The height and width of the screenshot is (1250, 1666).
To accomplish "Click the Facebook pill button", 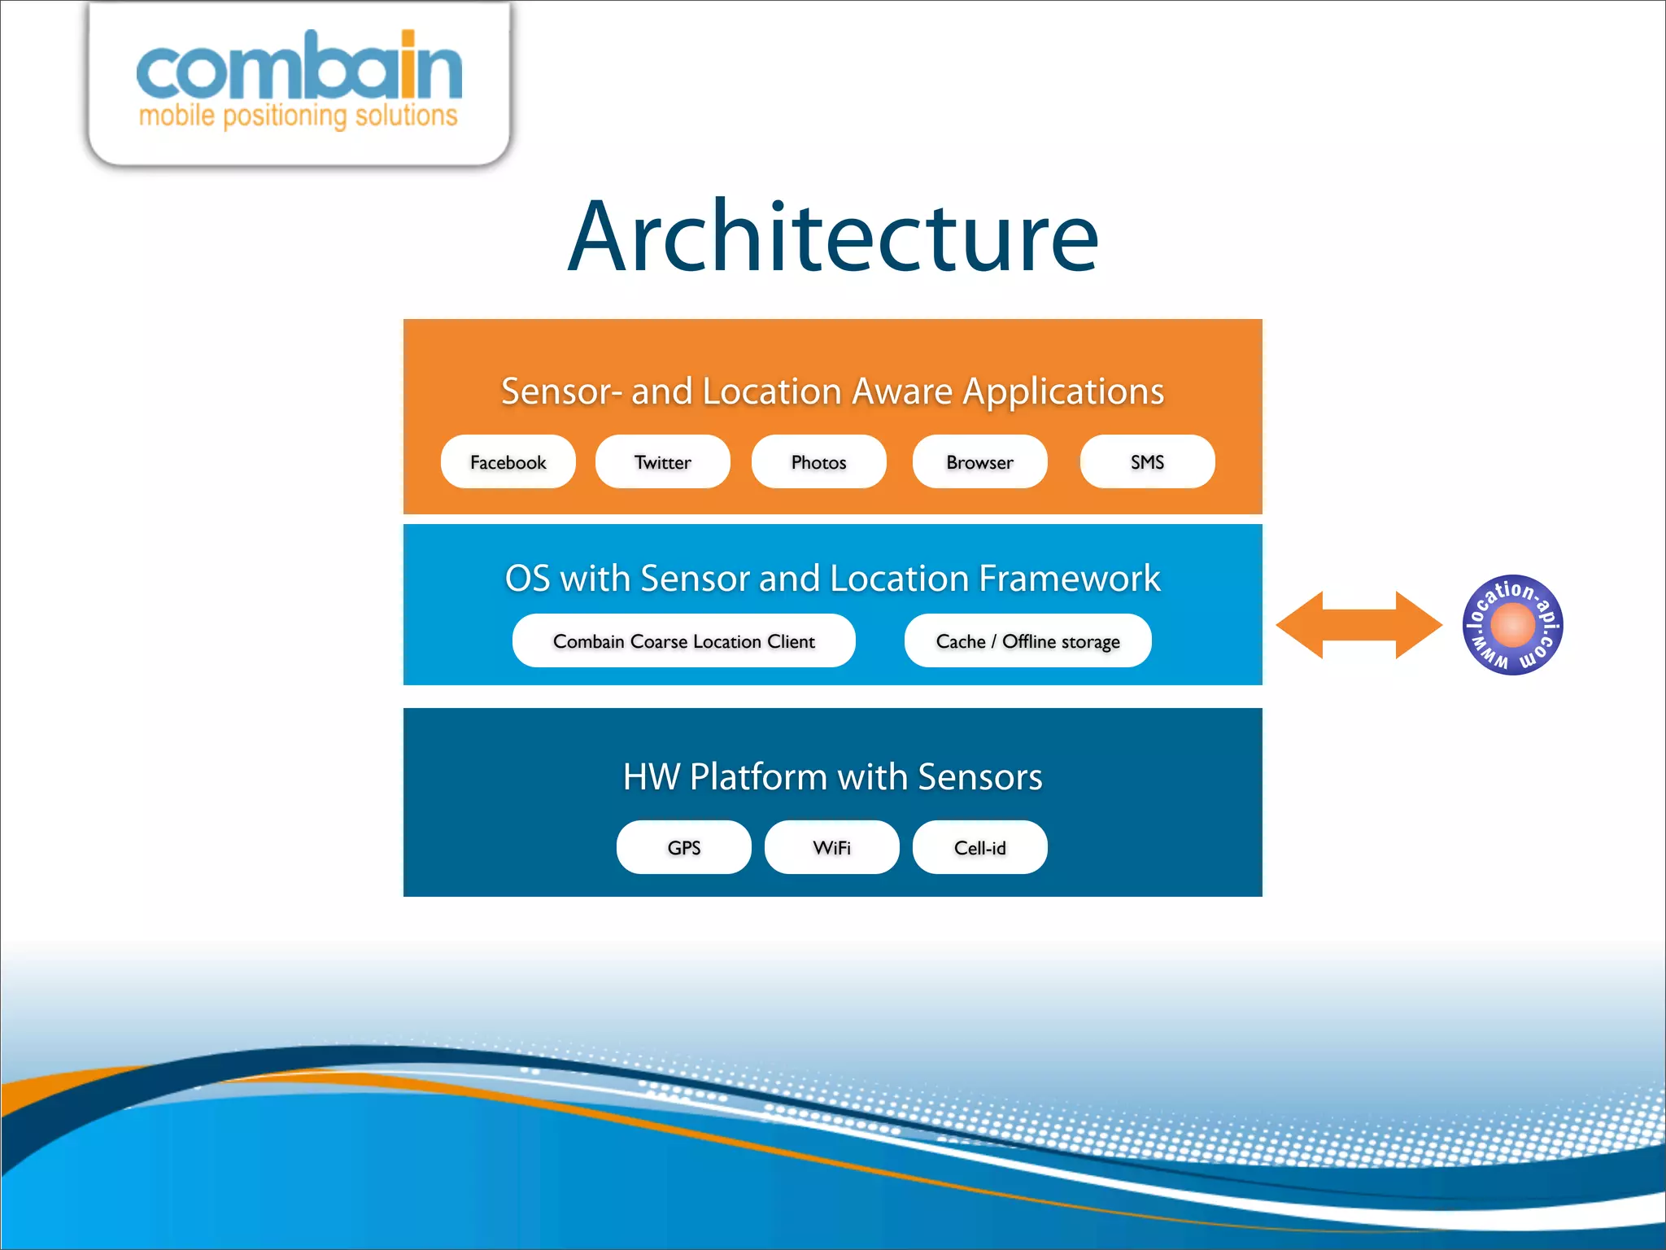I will tap(508, 462).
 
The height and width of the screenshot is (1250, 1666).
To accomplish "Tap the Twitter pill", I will tap(662, 462).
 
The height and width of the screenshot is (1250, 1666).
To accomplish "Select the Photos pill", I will tap(818, 462).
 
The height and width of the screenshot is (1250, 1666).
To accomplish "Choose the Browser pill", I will tap(979, 462).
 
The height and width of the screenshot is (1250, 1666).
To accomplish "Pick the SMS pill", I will tap(1147, 462).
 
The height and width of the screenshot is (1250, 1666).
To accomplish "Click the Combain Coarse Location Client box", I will tap(683, 641).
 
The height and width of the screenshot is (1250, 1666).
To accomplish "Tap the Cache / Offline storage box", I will tap(1027, 641).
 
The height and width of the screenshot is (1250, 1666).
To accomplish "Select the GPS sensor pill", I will tap(683, 848).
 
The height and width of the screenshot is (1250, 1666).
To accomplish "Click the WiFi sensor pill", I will tap(831, 848).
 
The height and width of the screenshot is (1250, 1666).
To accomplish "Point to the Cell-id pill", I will tap(979, 848).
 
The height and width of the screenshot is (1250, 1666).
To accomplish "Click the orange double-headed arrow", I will tap(1359, 625).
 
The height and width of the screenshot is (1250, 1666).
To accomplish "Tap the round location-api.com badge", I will tap(1512, 625).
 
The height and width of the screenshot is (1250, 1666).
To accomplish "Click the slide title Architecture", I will tap(833, 237).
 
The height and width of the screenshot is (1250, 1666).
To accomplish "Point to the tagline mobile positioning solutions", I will tap(299, 116).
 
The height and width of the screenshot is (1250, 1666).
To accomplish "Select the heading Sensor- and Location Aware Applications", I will tap(832, 391).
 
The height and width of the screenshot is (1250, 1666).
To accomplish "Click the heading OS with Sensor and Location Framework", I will tap(832, 579).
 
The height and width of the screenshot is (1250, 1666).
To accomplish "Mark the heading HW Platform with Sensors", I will tap(832, 777).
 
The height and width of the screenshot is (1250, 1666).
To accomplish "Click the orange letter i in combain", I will tap(408, 67).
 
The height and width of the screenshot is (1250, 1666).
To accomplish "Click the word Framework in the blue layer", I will tap(1069, 579).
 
